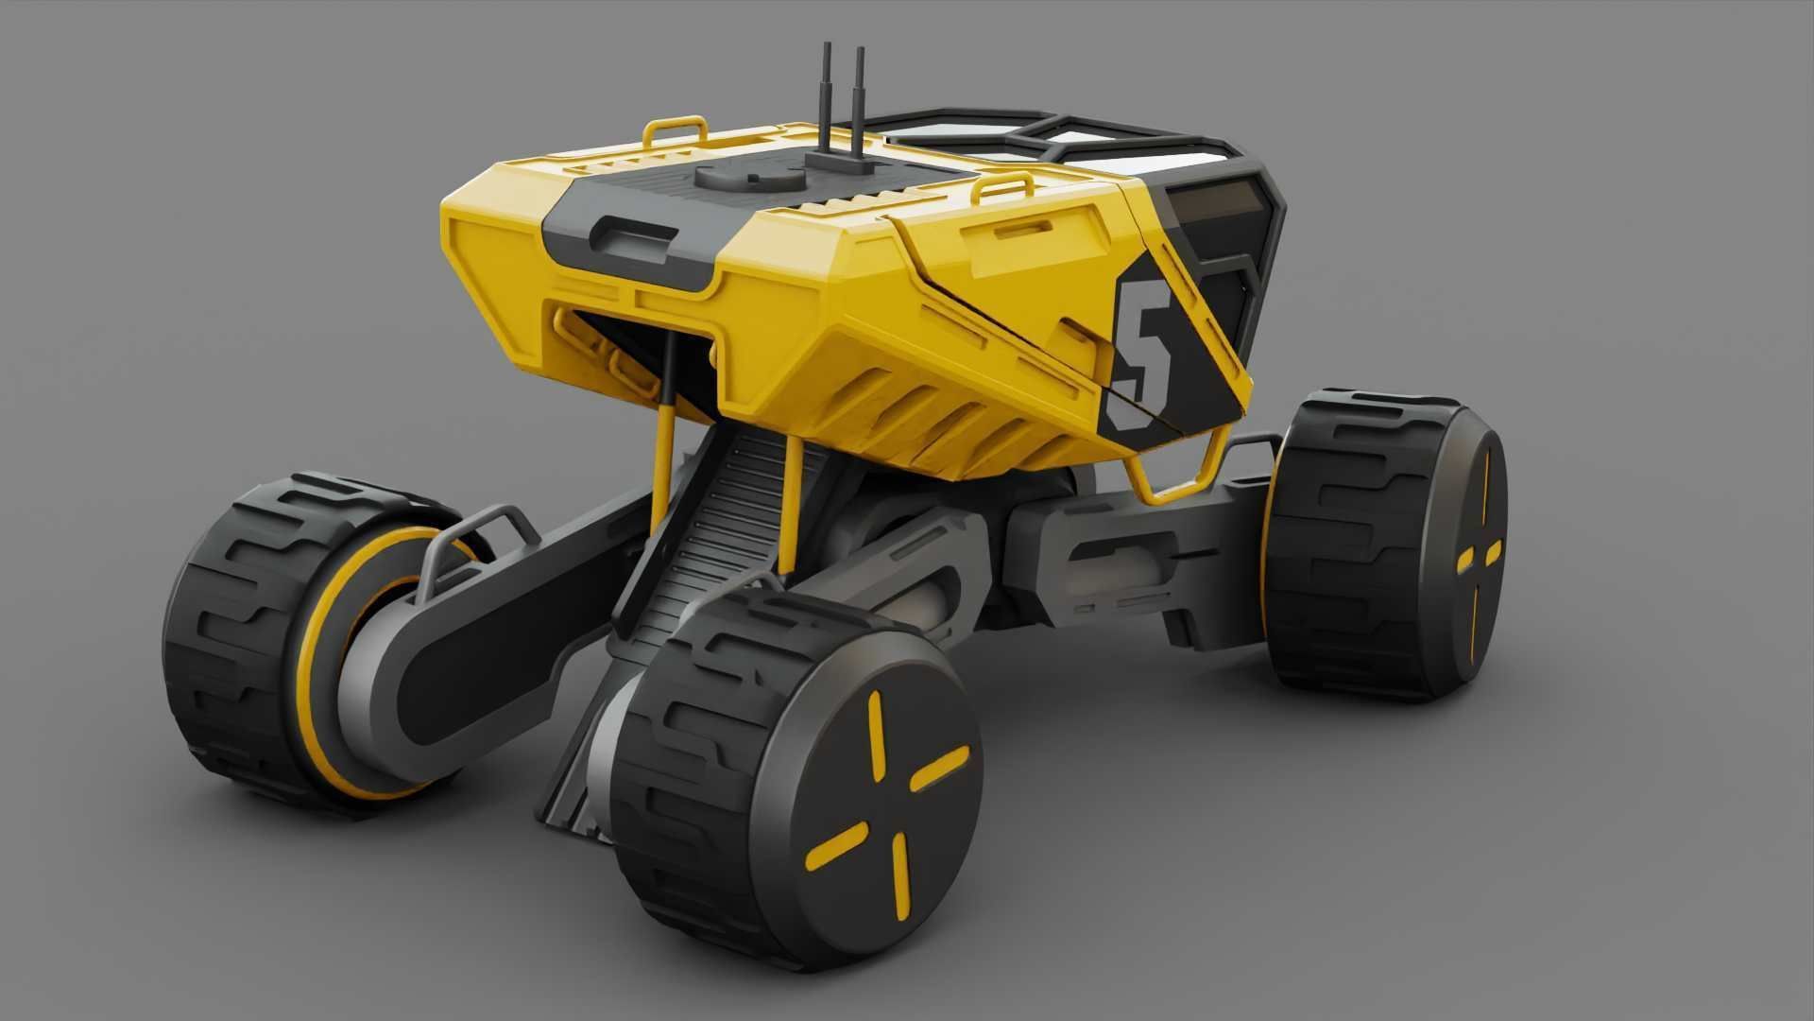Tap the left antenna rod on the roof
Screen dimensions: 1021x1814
(827, 104)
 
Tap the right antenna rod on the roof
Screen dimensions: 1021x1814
(860, 104)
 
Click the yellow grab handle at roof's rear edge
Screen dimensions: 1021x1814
(676, 129)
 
